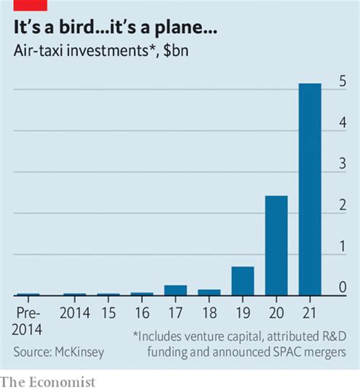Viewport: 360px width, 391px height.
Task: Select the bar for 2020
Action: point(276,244)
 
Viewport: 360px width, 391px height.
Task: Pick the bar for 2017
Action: point(175,289)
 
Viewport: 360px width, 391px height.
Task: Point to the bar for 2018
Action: point(209,292)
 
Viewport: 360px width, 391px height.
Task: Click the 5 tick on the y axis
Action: point(343,80)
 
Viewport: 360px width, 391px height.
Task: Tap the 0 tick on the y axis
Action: point(343,287)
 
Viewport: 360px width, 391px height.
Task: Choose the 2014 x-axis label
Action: point(74,312)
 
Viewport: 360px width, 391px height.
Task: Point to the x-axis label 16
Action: point(142,312)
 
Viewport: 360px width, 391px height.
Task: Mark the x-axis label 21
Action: point(310,312)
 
